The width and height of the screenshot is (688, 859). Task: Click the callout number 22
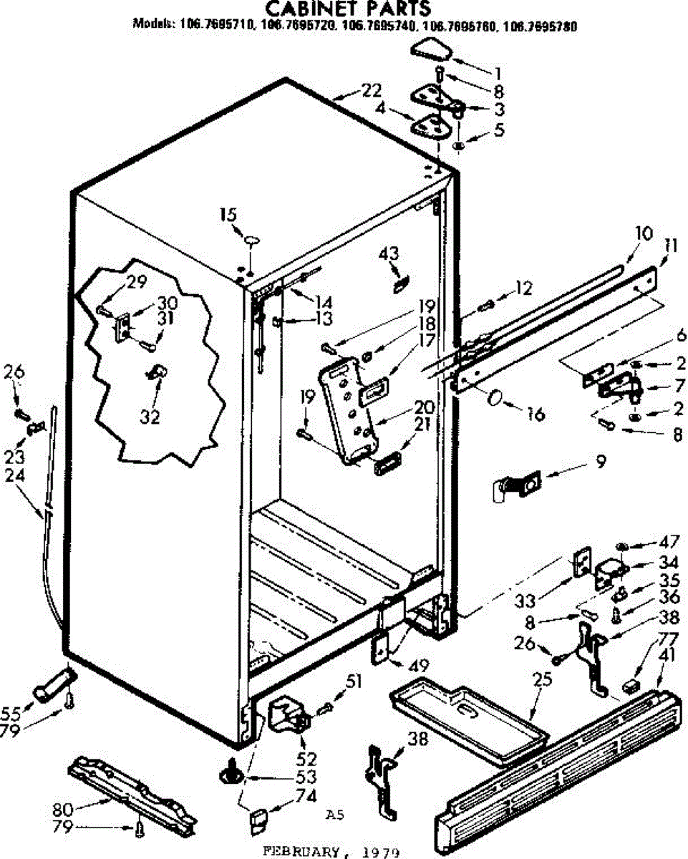(x=371, y=91)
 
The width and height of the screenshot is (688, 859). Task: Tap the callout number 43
(x=389, y=253)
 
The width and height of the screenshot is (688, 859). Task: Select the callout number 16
(x=535, y=413)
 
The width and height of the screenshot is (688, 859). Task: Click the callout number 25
(x=542, y=679)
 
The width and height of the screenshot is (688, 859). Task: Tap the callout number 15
(x=228, y=215)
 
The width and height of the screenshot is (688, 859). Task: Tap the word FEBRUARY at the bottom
(x=301, y=852)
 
